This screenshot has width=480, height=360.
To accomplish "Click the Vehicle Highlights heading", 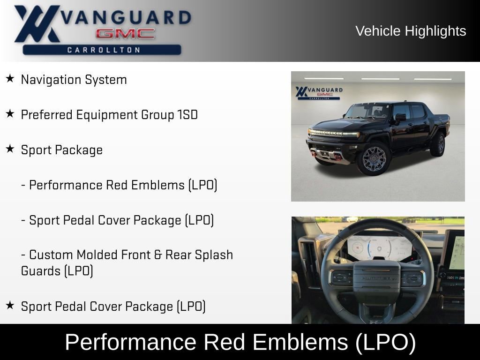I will (x=411, y=31).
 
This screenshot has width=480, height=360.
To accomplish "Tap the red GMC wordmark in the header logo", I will (x=125, y=34).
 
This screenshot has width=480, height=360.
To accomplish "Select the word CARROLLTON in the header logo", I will (x=104, y=50).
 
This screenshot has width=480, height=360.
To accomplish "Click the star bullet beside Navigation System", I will (x=10, y=79).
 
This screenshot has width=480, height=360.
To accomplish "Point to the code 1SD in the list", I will (x=187, y=115).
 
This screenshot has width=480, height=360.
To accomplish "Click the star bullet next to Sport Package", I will (x=10, y=149).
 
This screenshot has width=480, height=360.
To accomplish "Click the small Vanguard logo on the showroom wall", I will (x=319, y=92).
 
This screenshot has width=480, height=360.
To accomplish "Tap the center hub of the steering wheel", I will (x=376, y=278).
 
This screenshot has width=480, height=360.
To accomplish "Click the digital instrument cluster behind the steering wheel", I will (x=378, y=247).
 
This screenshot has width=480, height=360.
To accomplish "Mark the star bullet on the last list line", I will (x=10, y=306).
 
